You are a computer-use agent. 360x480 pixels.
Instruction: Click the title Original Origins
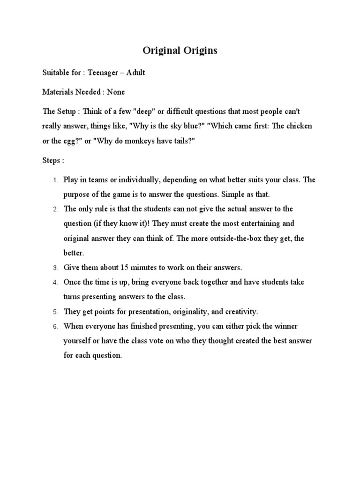click(x=180, y=51)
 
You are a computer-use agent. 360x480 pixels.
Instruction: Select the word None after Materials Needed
click(x=116, y=92)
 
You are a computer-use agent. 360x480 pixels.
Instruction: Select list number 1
click(x=54, y=180)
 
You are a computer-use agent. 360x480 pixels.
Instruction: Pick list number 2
click(x=54, y=209)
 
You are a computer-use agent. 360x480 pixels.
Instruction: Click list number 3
click(x=54, y=268)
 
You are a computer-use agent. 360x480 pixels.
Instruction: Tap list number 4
click(x=54, y=283)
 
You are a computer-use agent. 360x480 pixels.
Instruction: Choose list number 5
click(x=54, y=312)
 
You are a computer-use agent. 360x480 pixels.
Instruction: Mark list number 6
click(x=54, y=326)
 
